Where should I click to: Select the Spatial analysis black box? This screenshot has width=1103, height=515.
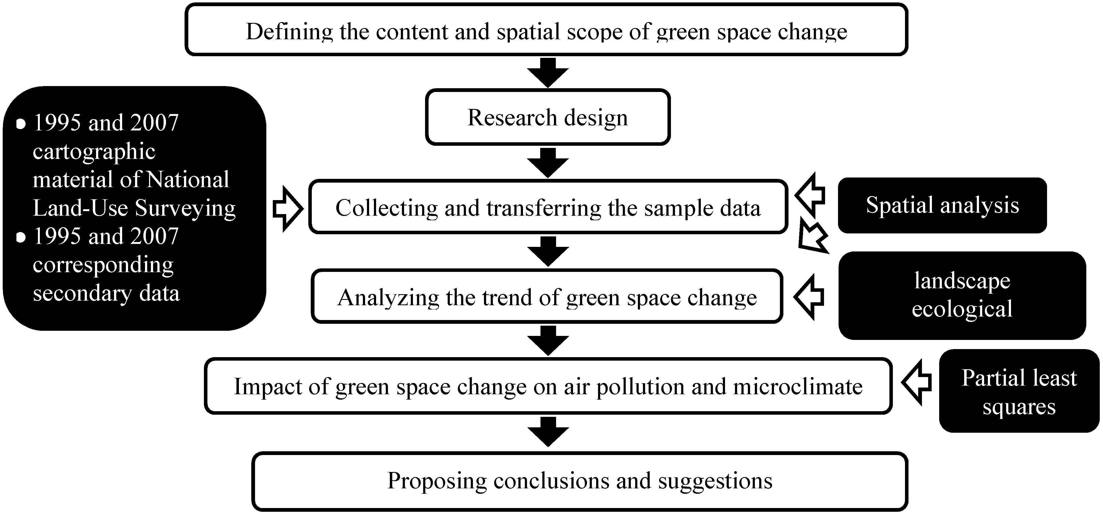[942, 205]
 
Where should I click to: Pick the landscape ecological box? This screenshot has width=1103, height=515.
[962, 295]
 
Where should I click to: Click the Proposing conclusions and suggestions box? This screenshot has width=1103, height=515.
[580, 481]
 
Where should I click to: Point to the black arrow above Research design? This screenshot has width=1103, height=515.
[548, 73]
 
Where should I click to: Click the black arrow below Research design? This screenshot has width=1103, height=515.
[548, 163]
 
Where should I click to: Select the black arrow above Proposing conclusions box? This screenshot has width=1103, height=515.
[548, 432]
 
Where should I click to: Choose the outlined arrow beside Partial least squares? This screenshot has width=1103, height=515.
[917, 382]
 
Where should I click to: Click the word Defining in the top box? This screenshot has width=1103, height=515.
[289, 32]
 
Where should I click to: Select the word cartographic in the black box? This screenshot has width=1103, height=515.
[94, 152]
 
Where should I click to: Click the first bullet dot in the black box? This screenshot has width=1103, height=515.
[20, 124]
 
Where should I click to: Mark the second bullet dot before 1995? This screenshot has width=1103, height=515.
[20, 237]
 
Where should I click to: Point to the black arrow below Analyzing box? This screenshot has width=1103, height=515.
[548, 340]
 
